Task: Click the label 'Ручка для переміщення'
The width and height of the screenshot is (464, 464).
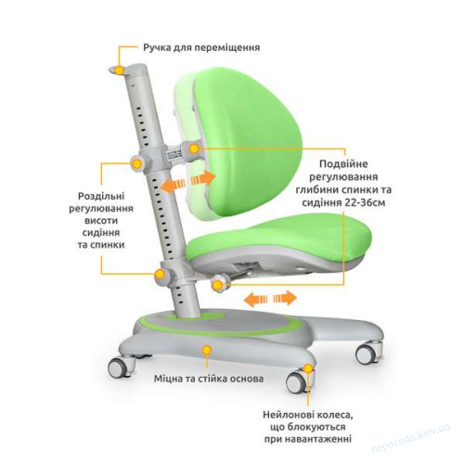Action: [x=201, y=48]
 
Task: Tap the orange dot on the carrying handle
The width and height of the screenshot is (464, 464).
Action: [x=119, y=71]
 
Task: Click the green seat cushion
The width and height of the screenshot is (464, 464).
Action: [x=278, y=239]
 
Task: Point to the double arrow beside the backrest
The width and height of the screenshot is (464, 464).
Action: [x=188, y=182]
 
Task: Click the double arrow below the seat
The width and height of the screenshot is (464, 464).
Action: [x=270, y=299]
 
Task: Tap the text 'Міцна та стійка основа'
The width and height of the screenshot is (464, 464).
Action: [x=209, y=379]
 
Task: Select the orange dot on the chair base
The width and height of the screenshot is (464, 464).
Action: [x=207, y=351]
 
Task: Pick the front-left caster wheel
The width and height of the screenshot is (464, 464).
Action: [x=119, y=367]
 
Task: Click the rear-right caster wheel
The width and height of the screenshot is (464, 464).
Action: [x=368, y=353]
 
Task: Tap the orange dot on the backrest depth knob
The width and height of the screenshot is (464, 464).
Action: [x=194, y=149]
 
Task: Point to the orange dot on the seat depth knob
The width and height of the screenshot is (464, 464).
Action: [x=217, y=285]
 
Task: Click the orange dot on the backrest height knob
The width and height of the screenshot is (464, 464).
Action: [x=136, y=163]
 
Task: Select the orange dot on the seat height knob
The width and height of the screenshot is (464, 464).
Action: [x=160, y=274]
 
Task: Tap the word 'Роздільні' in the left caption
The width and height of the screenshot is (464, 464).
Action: [x=101, y=196]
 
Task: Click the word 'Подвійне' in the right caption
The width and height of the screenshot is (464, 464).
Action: [x=343, y=163]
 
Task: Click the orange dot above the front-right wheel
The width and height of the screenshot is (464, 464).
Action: [x=307, y=368]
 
